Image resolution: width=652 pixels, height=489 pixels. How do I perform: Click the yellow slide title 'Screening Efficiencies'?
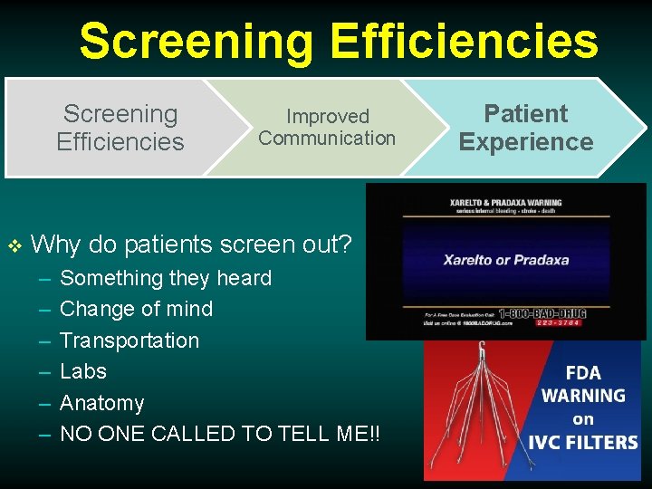(339, 42)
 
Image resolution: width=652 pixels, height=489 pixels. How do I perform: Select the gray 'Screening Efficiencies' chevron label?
(120, 128)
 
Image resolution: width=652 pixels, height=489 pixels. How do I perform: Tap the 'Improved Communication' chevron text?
(327, 128)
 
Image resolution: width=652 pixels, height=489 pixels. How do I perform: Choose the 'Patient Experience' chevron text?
(525, 128)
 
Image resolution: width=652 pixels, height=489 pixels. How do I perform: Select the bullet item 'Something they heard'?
(165, 278)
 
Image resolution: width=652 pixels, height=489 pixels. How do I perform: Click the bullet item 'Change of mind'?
(136, 309)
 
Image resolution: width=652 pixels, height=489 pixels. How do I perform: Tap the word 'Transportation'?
(129, 340)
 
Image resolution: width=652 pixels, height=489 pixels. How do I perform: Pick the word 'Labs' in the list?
(82, 371)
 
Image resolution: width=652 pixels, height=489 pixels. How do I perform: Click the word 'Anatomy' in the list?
(101, 403)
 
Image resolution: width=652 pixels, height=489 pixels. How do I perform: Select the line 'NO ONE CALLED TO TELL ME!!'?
(220, 434)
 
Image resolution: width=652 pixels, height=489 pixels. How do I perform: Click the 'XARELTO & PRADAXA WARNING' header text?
(505, 202)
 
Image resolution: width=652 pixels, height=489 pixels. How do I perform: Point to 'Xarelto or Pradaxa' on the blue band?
(505, 260)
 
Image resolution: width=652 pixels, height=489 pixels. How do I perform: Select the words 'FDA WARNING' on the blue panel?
(583, 384)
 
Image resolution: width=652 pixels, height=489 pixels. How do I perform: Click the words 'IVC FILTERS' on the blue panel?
(583, 443)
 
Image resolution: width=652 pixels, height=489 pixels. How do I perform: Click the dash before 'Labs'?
(44, 372)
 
